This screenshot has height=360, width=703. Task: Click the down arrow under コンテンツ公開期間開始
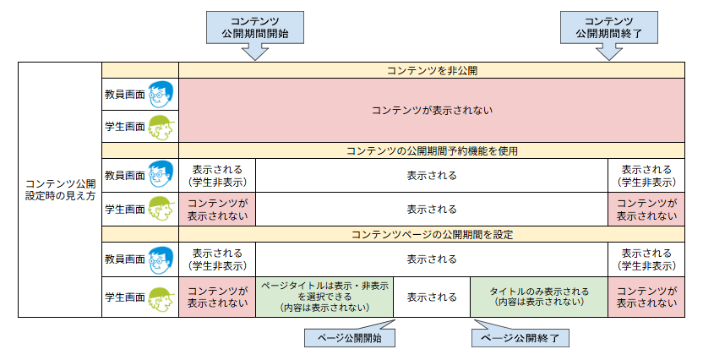point(255,52)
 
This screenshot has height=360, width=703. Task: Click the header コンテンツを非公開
point(431,70)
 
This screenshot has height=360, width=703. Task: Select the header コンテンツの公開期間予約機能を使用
point(431,150)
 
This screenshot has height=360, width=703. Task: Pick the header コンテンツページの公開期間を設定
point(431,234)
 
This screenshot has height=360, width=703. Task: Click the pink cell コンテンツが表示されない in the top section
point(431,110)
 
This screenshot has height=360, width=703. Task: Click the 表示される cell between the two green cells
point(431,297)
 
